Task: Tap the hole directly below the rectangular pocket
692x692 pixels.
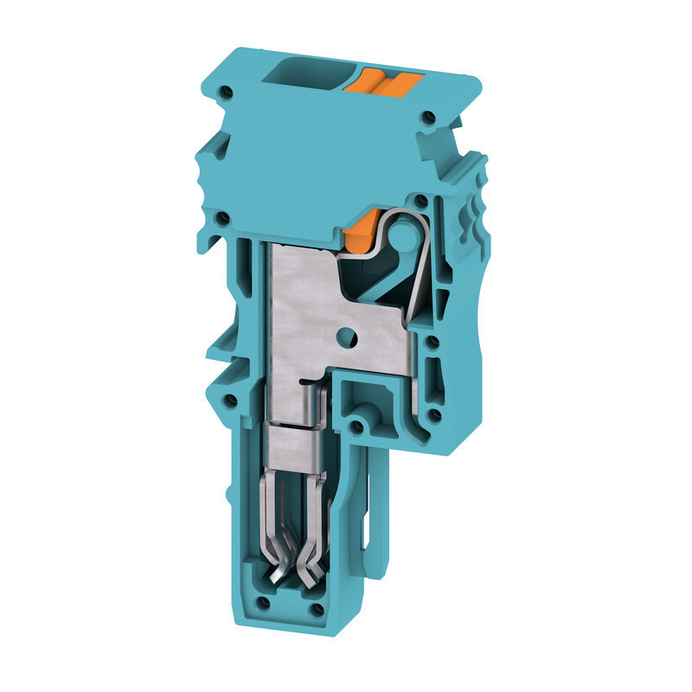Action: tap(355, 426)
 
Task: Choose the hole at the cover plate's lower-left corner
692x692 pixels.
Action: tap(223, 217)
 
